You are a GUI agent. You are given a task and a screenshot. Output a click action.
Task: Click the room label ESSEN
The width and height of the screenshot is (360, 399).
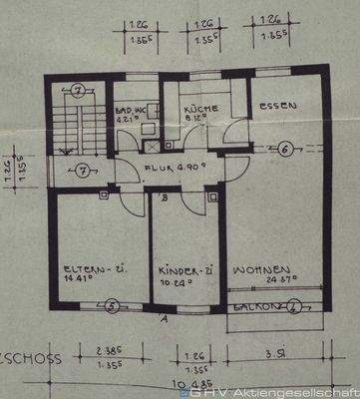(274, 108)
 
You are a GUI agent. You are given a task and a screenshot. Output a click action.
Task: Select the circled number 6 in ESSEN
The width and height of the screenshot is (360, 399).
(284, 150)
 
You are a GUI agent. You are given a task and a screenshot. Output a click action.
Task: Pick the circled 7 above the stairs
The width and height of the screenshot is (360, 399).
(79, 91)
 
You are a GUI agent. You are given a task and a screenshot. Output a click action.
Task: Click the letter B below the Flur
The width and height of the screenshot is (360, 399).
(164, 197)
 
